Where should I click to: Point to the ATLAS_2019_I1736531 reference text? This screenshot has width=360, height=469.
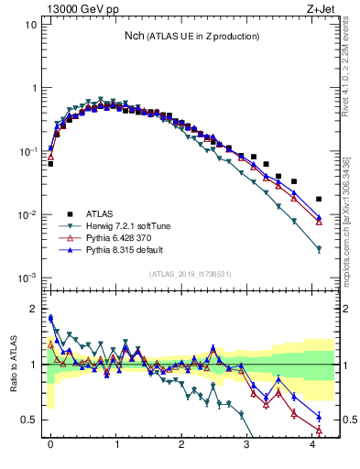point(191,274)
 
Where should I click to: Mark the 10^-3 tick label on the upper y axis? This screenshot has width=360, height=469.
point(28,277)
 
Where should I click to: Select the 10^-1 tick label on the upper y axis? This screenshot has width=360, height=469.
point(28,151)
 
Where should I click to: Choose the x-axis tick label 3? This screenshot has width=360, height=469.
point(246,451)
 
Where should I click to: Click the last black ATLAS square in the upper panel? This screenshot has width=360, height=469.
point(319,199)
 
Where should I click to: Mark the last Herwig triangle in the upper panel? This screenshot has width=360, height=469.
point(319,249)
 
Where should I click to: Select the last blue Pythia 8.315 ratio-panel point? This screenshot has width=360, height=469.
point(319,417)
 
